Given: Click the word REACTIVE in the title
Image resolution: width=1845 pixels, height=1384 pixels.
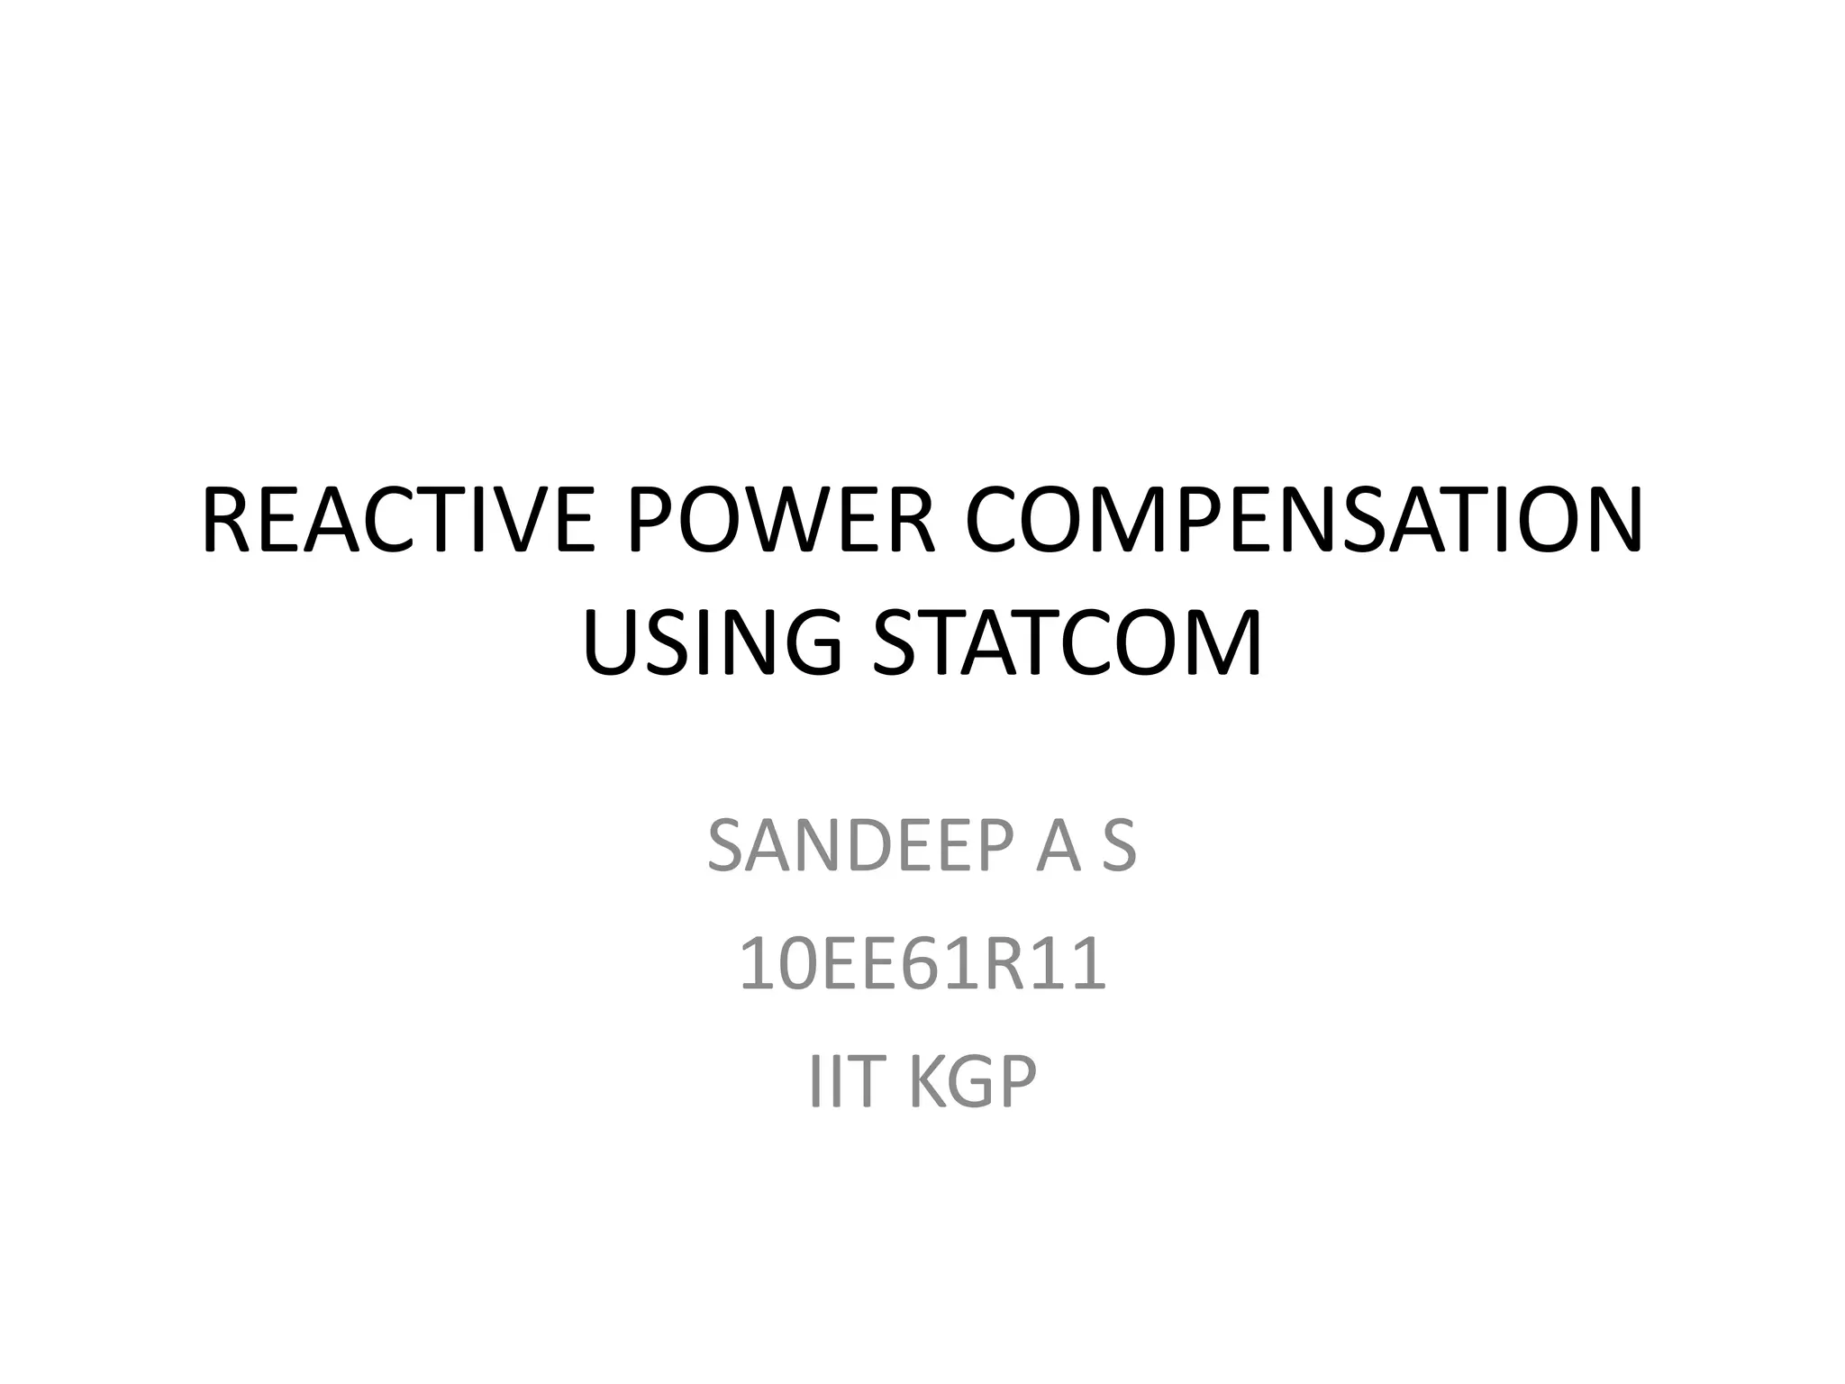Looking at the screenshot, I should [x=396, y=522].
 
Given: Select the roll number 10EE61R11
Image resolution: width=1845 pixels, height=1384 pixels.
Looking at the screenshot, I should [x=922, y=964].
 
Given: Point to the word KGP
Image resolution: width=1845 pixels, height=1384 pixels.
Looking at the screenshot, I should [x=973, y=1080].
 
